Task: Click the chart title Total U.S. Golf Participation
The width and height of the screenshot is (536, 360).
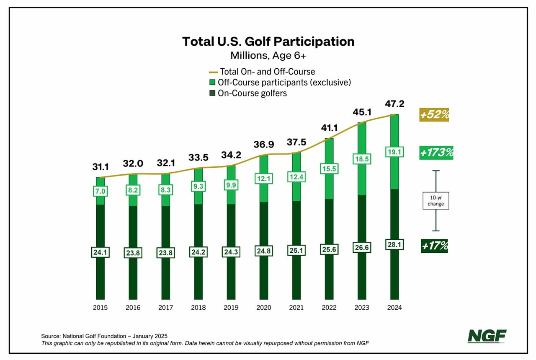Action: click(268, 41)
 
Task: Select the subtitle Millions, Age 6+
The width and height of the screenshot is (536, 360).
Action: click(268, 55)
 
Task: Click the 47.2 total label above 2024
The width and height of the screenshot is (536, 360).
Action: click(394, 104)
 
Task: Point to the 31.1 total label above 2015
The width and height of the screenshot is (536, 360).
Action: click(100, 167)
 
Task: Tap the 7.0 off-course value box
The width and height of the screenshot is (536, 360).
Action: click(100, 191)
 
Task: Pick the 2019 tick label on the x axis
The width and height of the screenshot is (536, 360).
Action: click(231, 308)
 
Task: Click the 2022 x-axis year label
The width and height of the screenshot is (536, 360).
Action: click(329, 308)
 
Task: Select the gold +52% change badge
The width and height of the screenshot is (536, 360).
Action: click(434, 114)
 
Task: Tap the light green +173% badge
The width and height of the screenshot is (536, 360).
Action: click(437, 153)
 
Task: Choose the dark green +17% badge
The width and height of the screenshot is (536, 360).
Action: click(434, 246)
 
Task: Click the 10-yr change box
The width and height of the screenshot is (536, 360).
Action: click(436, 201)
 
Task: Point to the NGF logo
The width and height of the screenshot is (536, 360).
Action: click(487, 336)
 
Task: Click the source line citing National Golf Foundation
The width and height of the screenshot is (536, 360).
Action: click(104, 336)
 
